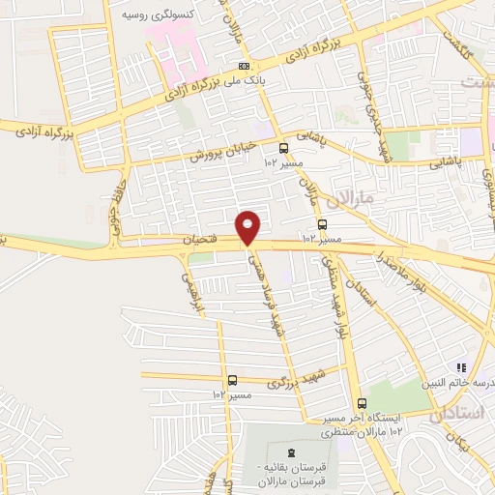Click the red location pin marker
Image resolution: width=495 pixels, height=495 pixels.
coord(247,226)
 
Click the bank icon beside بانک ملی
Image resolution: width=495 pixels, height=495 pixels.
coord(243,66)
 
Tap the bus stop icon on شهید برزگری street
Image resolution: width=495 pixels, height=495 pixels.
coord(232,381)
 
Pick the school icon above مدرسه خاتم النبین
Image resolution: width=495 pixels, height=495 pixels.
coord(461,367)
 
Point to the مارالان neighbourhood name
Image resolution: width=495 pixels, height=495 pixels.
coord(349,201)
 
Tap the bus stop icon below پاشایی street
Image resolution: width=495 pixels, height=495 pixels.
coord(283,148)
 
